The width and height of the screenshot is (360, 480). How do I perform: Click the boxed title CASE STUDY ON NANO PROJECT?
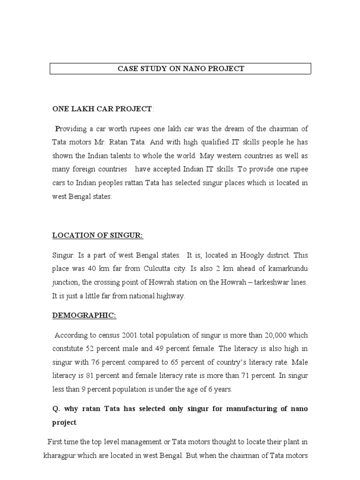180,69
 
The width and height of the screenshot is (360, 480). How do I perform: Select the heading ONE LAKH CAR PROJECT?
102,109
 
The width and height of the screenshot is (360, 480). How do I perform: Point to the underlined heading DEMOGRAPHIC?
84,315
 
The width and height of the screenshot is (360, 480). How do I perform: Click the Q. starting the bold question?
56,409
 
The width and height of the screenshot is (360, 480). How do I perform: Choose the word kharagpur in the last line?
62,455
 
